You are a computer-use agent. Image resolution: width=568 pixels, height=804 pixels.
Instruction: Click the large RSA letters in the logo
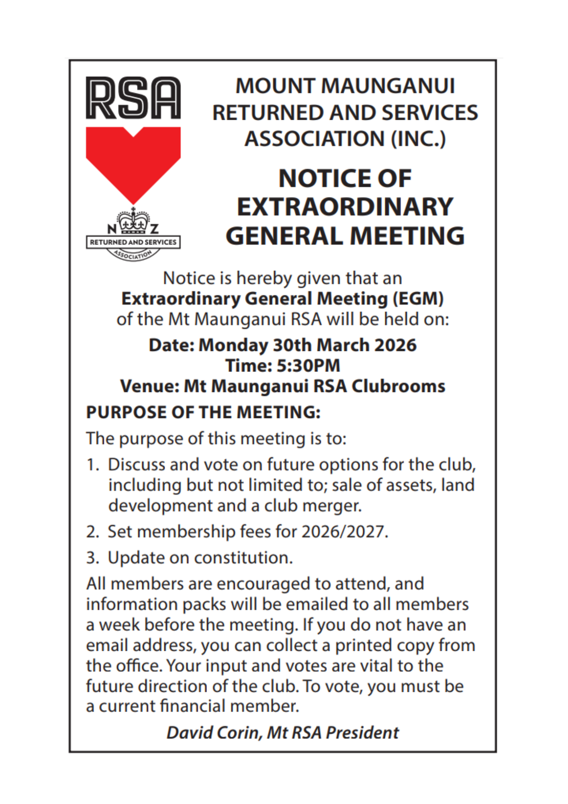tap(133, 98)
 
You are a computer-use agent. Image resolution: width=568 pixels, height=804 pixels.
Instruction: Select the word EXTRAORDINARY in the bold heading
tap(345, 207)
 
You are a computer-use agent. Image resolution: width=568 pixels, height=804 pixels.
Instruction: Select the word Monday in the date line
tap(233, 345)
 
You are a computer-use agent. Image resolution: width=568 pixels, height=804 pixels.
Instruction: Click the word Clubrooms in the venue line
tap(398, 386)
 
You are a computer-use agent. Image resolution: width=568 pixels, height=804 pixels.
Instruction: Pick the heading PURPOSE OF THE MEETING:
tap(203, 412)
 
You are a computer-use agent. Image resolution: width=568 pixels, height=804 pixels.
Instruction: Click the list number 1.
tap(92, 465)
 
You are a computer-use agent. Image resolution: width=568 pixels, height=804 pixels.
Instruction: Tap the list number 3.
tap(92, 558)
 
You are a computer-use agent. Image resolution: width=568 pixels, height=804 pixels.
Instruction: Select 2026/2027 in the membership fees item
tap(344, 532)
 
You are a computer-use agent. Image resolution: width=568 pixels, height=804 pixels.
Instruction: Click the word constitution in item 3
tap(243, 558)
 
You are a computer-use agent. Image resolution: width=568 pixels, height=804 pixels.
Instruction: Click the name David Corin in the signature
tap(214, 732)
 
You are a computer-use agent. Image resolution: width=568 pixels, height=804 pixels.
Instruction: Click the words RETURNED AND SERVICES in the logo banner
tap(133, 242)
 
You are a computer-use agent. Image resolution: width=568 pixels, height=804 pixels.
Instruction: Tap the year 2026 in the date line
tap(395, 345)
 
